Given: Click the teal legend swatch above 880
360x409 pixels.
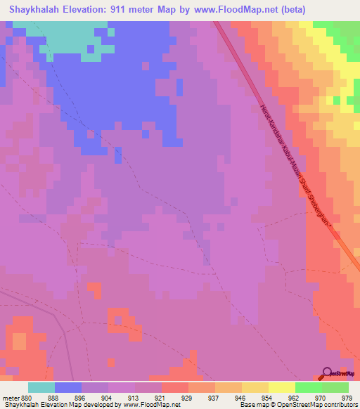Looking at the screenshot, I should coord(41,387).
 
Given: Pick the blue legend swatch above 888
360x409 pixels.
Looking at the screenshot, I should coord(68,387).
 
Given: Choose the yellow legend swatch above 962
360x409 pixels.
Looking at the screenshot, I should coord(281,387).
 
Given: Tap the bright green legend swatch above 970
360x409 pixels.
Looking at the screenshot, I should coord(308,387).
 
